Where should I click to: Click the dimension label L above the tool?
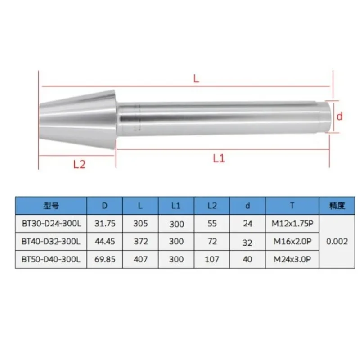click(196, 78)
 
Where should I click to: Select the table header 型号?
click(51, 206)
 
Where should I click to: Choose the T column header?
click(292, 206)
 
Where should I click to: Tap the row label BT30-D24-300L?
click(51, 223)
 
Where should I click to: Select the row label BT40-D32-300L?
click(51, 241)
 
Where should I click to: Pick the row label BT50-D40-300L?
click(51, 259)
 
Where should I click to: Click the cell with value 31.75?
click(104, 223)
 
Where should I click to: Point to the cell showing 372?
click(140, 241)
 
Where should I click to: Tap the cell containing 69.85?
click(104, 259)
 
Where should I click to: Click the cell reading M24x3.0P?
click(292, 259)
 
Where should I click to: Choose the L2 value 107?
click(212, 259)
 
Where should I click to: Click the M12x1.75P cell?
click(292, 223)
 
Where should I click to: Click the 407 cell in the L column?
click(140, 259)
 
